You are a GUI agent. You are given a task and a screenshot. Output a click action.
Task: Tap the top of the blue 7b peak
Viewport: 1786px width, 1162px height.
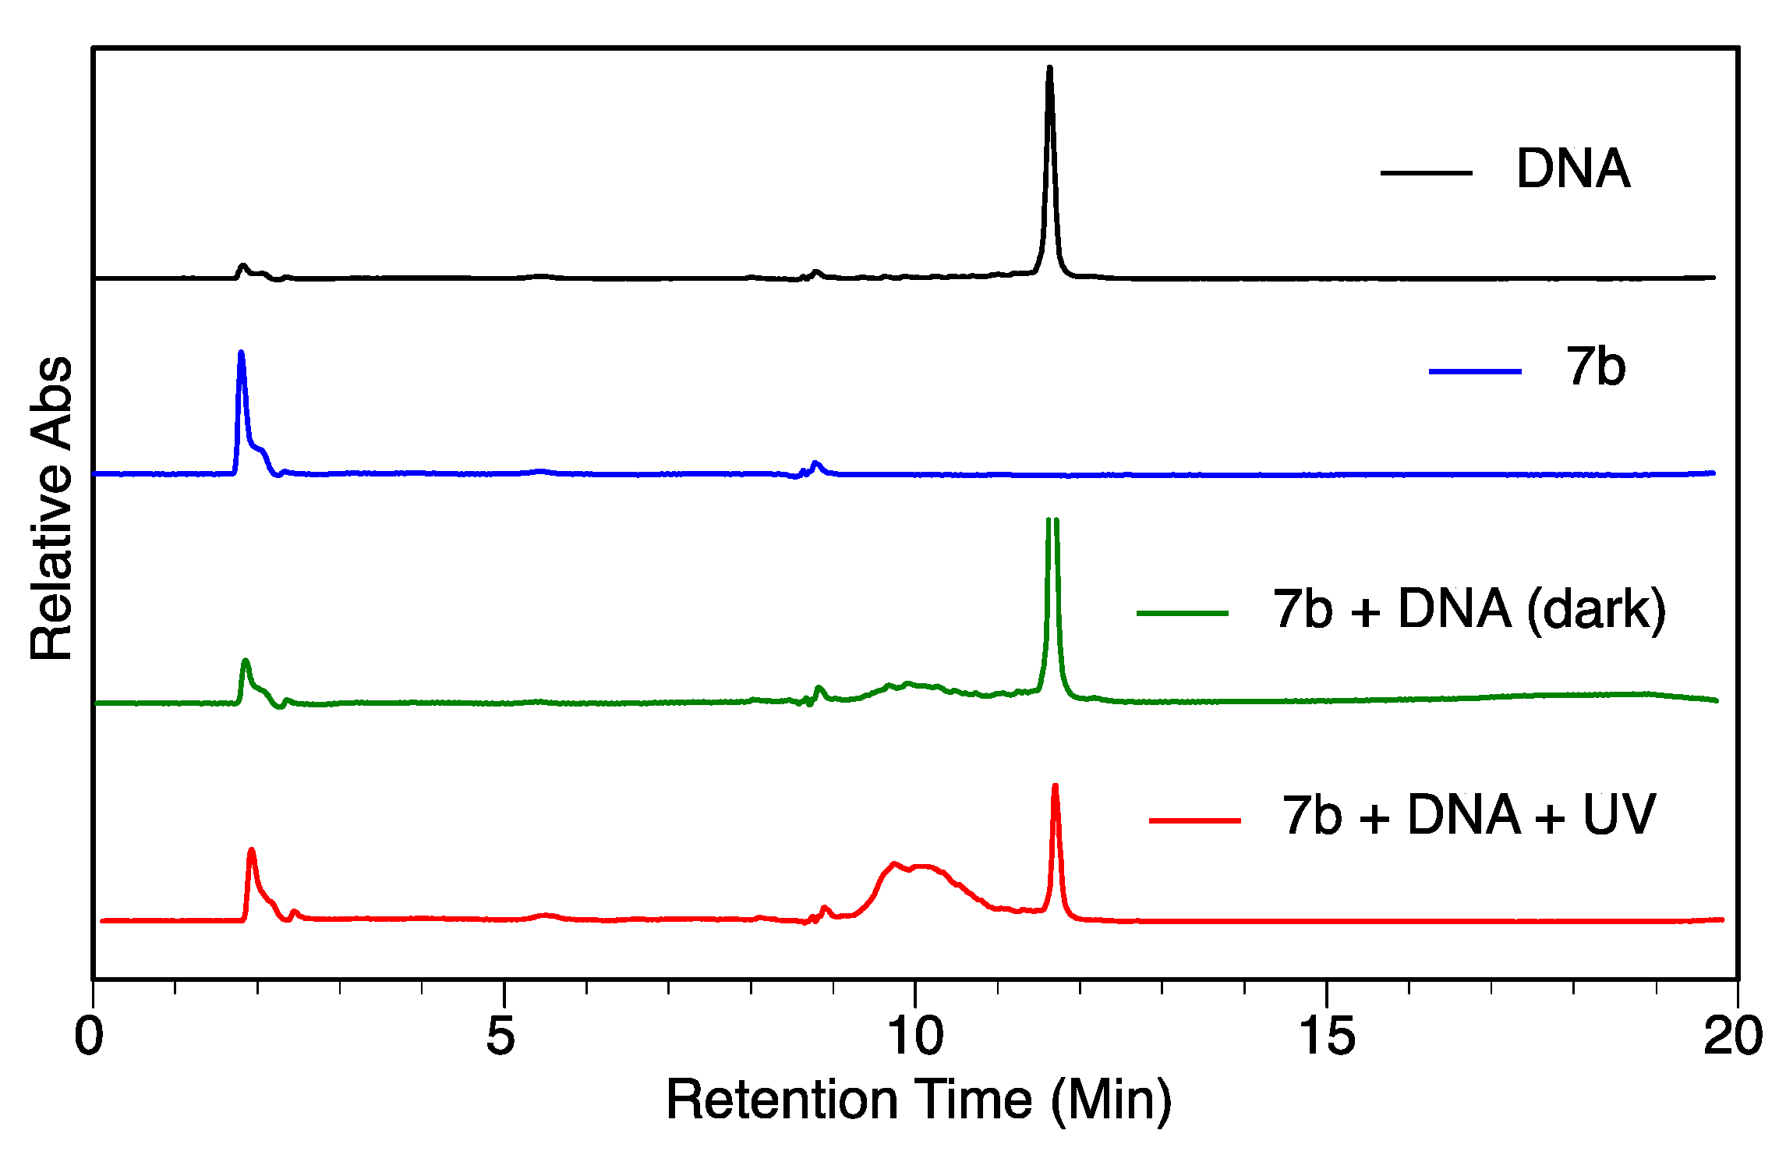click(241, 354)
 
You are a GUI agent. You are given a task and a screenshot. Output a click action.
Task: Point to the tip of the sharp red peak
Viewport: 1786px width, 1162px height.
click(1055, 787)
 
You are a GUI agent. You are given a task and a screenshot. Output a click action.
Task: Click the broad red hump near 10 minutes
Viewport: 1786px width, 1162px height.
click(916, 867)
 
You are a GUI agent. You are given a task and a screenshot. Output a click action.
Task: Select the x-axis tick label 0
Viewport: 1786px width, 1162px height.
click(90, 1036)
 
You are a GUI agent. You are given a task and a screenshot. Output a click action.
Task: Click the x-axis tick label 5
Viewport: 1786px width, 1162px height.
click(500, 1036)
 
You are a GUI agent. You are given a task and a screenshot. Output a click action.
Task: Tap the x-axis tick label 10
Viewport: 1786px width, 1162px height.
click(915, 1036)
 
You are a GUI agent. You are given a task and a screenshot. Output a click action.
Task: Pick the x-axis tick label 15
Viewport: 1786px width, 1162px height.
click(1327, 1036)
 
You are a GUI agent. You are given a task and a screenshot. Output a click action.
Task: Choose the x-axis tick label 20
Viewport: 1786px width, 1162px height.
click(1733, 1036)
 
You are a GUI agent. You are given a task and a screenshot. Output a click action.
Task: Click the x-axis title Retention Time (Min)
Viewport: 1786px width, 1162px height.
click(918, 1100)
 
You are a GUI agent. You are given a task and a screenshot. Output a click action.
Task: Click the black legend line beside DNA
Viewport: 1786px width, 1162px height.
click(1426, 172)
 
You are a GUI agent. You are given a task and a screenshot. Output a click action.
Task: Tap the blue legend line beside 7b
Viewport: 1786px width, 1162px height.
click(1475, 371)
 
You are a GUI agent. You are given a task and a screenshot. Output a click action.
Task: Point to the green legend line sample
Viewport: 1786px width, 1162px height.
click(1183, 613)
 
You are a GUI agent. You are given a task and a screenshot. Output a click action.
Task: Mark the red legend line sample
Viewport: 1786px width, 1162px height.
click(1195, 820)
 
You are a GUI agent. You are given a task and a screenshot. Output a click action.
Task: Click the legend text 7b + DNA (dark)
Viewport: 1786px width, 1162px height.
click(1469, 609)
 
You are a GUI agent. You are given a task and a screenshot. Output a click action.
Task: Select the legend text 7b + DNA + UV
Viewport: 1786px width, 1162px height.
click(1469, 815)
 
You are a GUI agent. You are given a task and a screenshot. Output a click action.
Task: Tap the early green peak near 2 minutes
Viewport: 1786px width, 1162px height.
click(246, 662)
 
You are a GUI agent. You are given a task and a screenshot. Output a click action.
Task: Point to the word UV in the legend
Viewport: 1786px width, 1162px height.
click(1619, 815)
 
